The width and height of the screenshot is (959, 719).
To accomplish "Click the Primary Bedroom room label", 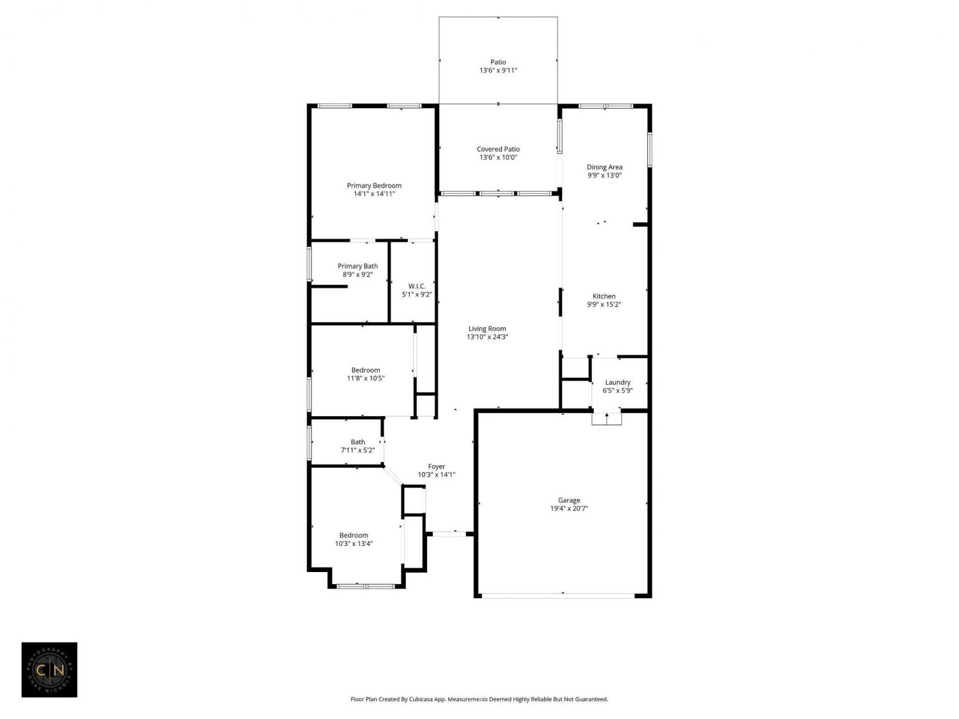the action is [374, 185].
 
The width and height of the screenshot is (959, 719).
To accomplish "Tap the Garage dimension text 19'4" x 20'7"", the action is [569, 509].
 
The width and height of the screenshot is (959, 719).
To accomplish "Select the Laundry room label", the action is [618, 382].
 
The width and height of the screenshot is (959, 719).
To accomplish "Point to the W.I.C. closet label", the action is [417, 286].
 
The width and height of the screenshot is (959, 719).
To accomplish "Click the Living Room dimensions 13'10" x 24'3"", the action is [487, 337].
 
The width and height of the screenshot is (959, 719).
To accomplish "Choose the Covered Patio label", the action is [498, 150].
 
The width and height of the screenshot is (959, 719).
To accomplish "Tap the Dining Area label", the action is [604, 167].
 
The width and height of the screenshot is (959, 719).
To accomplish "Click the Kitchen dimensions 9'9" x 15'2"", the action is [604, 305].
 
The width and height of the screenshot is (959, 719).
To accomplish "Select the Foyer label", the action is [437, 467].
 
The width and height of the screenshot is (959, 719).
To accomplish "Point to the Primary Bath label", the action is [357, 267].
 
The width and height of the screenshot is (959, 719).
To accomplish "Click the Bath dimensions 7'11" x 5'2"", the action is [357, 451].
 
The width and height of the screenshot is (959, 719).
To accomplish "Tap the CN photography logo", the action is [49, 670].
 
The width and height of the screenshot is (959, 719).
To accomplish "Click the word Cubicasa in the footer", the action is [421, 699].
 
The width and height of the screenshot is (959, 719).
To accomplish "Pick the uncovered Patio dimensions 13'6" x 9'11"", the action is [498, 70].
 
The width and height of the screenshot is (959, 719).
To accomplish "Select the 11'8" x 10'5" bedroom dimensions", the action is [365, 378].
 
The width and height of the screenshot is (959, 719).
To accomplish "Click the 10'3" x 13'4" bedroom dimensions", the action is [354, 543].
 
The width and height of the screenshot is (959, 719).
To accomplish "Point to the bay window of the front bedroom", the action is [366, 586].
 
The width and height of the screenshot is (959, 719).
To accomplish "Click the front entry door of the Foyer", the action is [449, 534].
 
